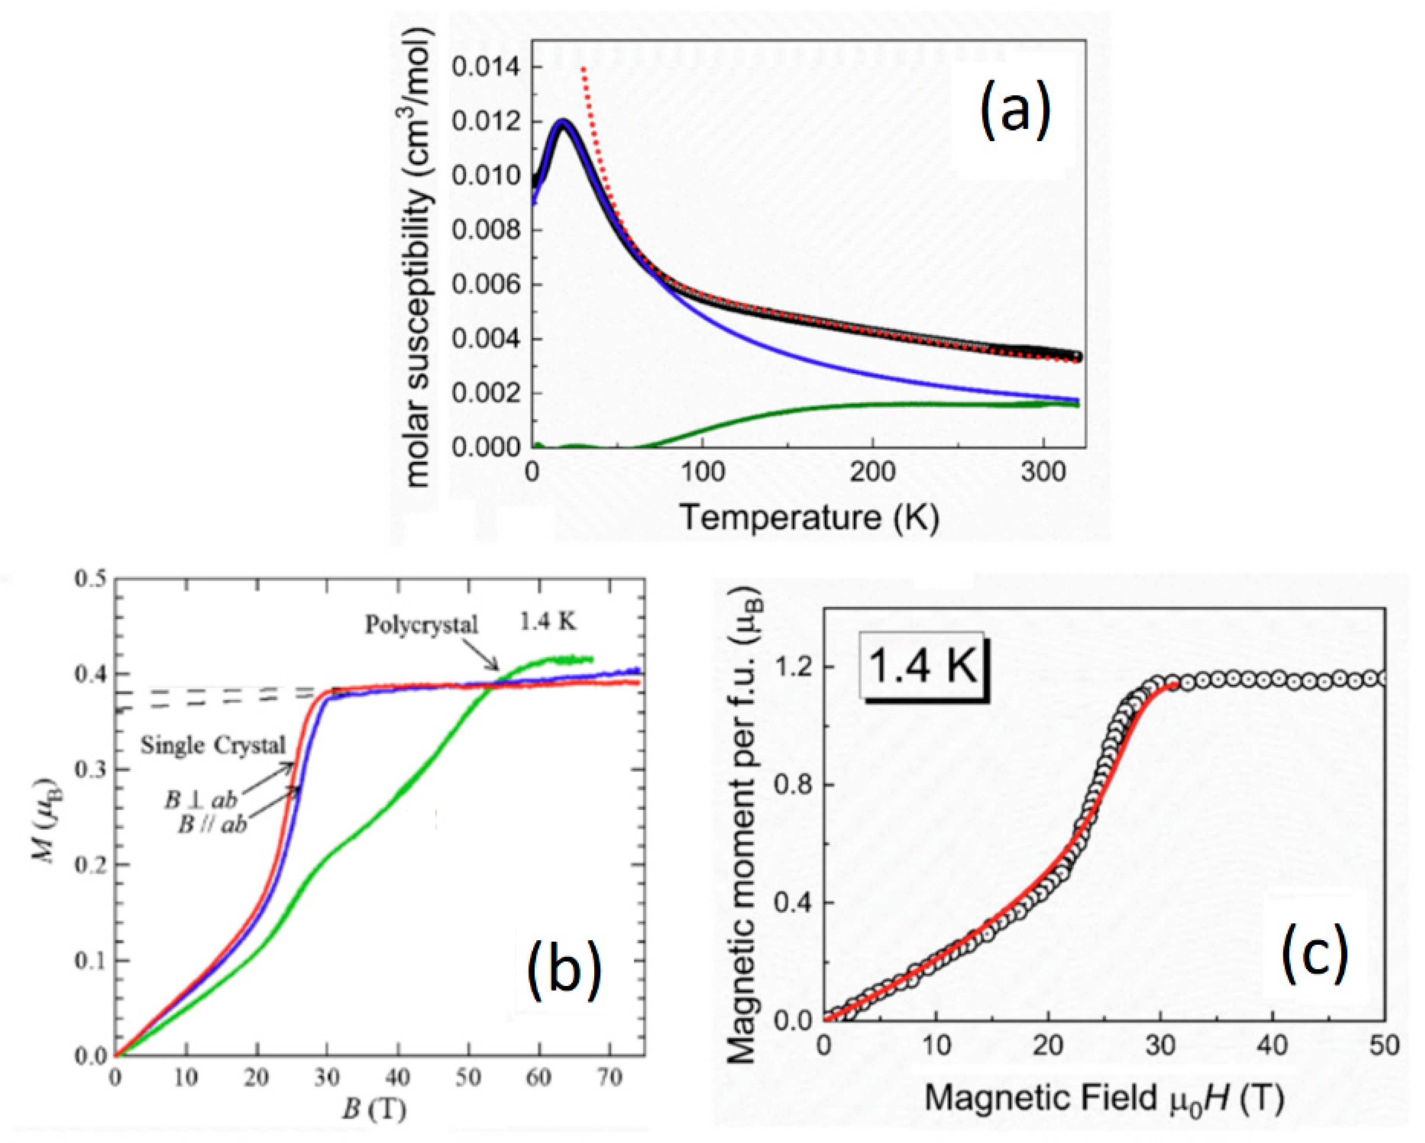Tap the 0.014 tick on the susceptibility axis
[x=486, y=68]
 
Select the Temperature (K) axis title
[x=809, y=517]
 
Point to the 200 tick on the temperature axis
[x=872, y=473]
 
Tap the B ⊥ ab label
[x=200, y=800]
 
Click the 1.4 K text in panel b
[x=548, y=622]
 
